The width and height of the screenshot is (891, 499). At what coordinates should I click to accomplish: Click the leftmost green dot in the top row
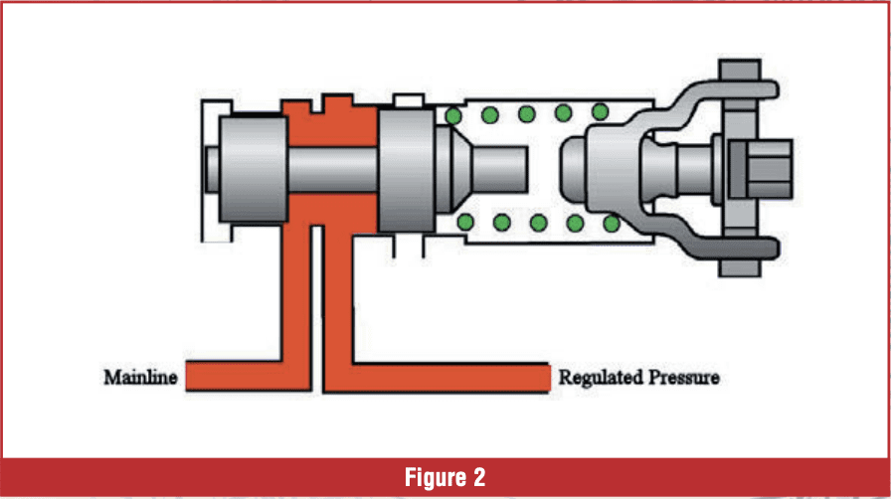(453, 115)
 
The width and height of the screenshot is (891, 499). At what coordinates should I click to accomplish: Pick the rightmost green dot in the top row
(600, 112)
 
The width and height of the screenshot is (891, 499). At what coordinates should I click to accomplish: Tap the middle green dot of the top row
(527, 114)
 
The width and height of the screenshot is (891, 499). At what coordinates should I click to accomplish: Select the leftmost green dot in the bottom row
(463, 223)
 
